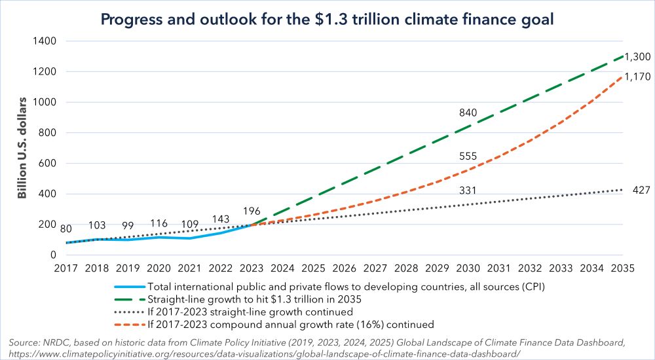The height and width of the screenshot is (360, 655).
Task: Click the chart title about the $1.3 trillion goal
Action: (327, 20)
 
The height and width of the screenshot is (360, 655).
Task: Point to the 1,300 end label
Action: (636, 56)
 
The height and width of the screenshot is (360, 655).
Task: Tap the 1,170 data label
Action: (636, 77)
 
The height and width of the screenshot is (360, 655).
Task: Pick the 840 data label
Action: (470, 113)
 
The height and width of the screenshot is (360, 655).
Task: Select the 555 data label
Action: (470, 156)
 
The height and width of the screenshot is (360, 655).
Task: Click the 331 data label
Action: (470, 190)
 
